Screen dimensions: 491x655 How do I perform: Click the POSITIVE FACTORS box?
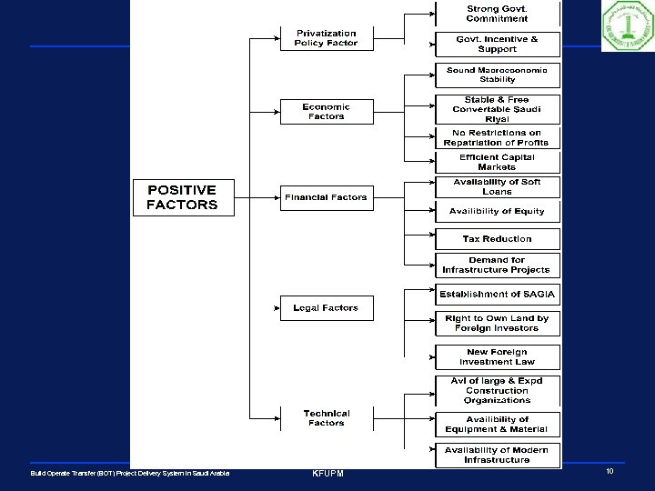(183, 197)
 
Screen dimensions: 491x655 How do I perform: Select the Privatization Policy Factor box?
(326, 38)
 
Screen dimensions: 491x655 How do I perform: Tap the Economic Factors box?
(326, 112)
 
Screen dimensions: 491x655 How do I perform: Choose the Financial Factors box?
(326, 197)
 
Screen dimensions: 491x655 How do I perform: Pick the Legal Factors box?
(326, 308)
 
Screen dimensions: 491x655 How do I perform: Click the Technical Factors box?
(326, 418)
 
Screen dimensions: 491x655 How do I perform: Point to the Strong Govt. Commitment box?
(496, 14)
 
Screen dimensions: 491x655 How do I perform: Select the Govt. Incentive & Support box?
(496, 44)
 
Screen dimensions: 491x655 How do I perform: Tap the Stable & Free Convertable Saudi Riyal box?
(496, 108)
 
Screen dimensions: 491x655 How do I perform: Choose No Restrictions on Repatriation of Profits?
(496, 137)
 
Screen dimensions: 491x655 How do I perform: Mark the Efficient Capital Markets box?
(496, 162)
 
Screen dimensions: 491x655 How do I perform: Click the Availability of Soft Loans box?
(496, 186)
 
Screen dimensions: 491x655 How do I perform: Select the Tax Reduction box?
(496, 239)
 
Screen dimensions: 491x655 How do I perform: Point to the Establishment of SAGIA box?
(496, 295)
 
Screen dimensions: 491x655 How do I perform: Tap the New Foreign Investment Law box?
(496, 356)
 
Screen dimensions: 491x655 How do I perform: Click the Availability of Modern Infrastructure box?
(496, 455)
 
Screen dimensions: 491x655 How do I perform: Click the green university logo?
(627, 27)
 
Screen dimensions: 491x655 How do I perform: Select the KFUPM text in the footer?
(328, 474)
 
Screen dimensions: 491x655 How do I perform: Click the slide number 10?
(609, 473)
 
